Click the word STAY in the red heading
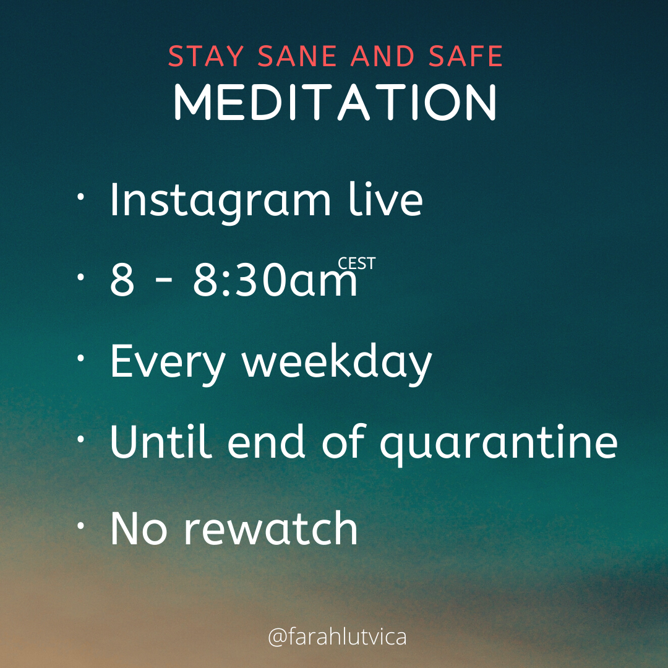[x=206, y=56]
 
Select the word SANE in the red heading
[x=297, y=56]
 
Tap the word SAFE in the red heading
[x=466, y=56]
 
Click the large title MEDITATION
[x=335, y=102]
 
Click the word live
[x=385, y=199]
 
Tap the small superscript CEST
[x=357, y=263]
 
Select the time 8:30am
[x=275, y=280]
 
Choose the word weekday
[x=337, y=362]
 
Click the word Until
[x=161, y=442]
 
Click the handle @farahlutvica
[x=337, y=637]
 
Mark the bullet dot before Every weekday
[x=80, y=359]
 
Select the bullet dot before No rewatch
[x=80, y=526]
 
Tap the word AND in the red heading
[x=383, y=56]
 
